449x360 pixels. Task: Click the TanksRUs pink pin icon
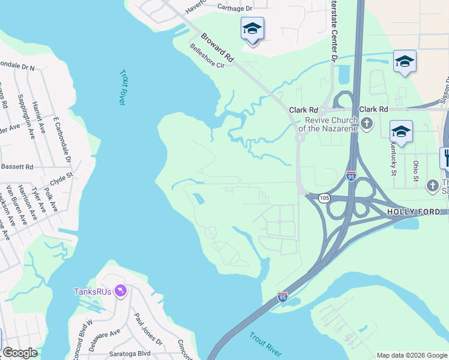tap(121, 291)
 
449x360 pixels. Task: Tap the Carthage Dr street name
tap(235, 8)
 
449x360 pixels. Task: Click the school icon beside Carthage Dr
tap(253, 29)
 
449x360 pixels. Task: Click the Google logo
tap(20, 353)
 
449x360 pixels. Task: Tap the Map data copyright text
tap(411, 355)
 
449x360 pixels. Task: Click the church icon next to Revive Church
tap(367, 124)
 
